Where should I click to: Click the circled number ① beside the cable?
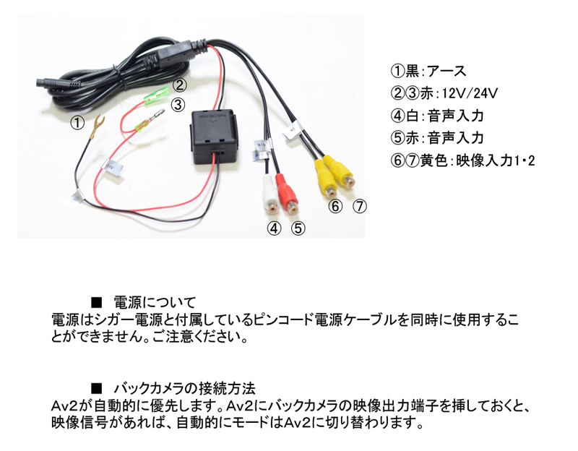click(x=78, y=123)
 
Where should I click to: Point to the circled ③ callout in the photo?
click(x=178, y=106)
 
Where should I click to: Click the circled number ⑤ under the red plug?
click(x=298, y=228)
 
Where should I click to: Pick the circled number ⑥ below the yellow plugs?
click(x=335, y=206)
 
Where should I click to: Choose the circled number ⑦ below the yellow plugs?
click(x=360, y=206)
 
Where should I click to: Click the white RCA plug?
click(x=270, y=194)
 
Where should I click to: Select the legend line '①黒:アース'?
click(x=428, y=72)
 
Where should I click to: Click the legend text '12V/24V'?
click(x=469, y=93)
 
